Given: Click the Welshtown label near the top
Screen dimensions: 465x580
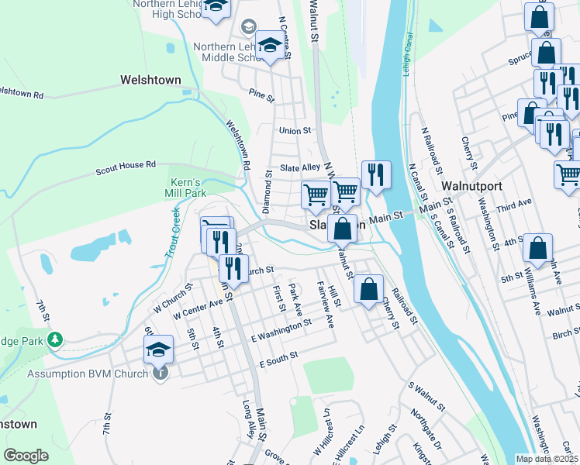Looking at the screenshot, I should pyautogui.click(x=150, y=79).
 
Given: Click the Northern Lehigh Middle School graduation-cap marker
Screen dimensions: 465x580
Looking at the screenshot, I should pyautogui.click(x=270, y=47).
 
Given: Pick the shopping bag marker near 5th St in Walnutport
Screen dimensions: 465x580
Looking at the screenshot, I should pyautogui.click(x=537, y=249).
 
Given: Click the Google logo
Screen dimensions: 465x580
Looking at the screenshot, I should pyautogui.click(x=26, y=456).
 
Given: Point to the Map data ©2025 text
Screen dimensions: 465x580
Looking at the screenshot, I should pyautogui.click(x=547, y=459).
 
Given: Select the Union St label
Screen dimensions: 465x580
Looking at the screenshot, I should pyautogui.click(x=295, y=131).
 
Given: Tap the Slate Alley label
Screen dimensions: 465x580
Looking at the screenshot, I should pyautogui.click(x=300, y=167).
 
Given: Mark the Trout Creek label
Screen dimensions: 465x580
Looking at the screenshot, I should pyautogui.click(x=173, y=232).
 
